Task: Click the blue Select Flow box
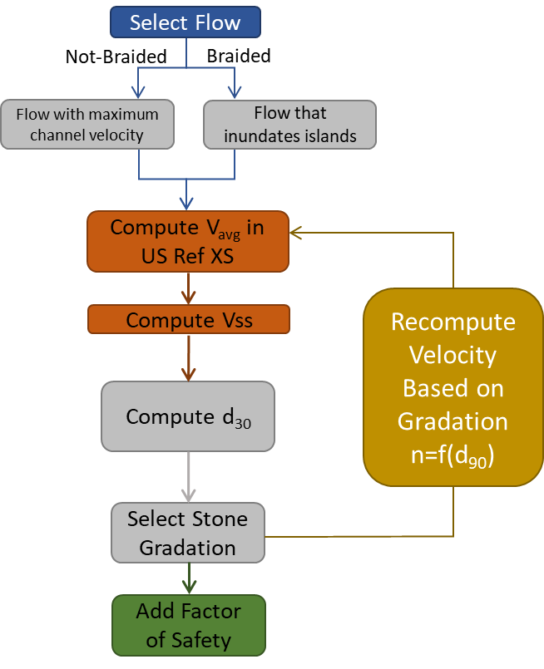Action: click(x=185, y=22)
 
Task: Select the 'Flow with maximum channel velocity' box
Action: click(x=87, y=124)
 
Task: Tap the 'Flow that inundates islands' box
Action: click(x=289, y=124)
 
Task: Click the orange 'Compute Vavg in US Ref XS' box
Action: click(x=188, y=242)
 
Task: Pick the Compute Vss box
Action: click(x=189, y=320)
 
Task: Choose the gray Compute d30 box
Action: click(x=188, y=416)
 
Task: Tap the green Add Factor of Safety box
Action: click(x=188, y=625)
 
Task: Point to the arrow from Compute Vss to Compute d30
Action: click(x=189, y=357)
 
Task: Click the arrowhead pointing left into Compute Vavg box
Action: click(x=296, y=234)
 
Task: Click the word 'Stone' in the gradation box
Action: click(x=222, y=519)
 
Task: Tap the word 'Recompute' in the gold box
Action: click(x=453, y=322)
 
